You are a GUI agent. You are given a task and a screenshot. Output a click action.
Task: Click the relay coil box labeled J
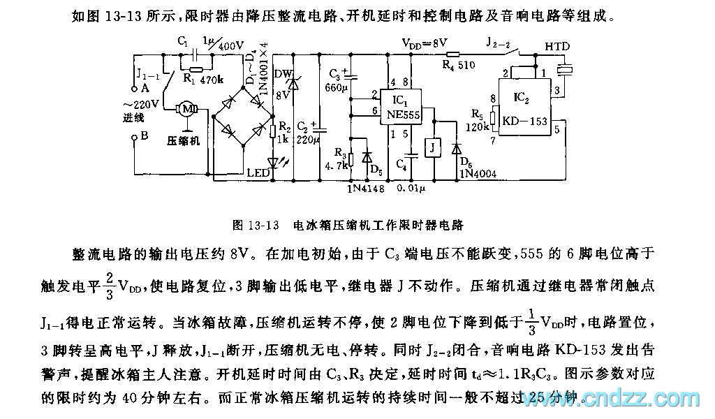coord(434,147)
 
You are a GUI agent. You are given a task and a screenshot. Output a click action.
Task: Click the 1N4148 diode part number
coord(365,188)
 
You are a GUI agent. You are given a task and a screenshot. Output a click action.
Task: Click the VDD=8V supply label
coord(424,43)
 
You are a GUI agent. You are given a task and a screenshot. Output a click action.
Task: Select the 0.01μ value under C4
coord(411,188)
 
